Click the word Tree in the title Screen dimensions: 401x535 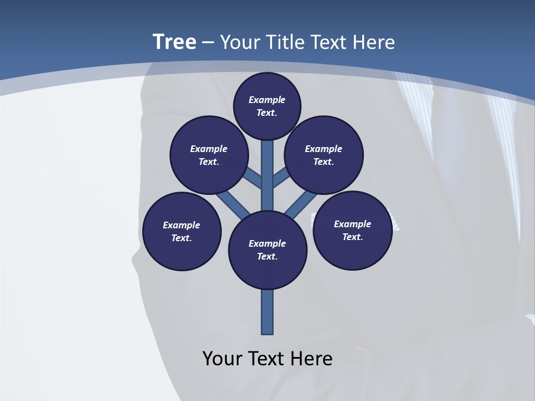(x=174, y=42)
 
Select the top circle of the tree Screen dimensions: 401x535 (x=267, y=106)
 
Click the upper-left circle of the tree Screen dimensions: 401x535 (x=209, y=155)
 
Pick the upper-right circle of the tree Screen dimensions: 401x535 (x=324, y=155)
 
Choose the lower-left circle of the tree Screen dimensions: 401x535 (x=182, y=231)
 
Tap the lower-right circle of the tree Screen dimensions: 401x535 (x=352, y=230)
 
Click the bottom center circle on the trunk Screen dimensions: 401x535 (x=267, y=250)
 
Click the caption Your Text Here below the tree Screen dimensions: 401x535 (x=267, y=359)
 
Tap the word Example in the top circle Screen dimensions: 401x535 (x=267, y=100)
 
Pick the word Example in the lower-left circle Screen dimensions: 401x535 (x=182, y=225)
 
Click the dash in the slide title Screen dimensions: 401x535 (x=208, y=42)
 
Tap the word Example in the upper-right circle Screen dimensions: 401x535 (x=324, y=149)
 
